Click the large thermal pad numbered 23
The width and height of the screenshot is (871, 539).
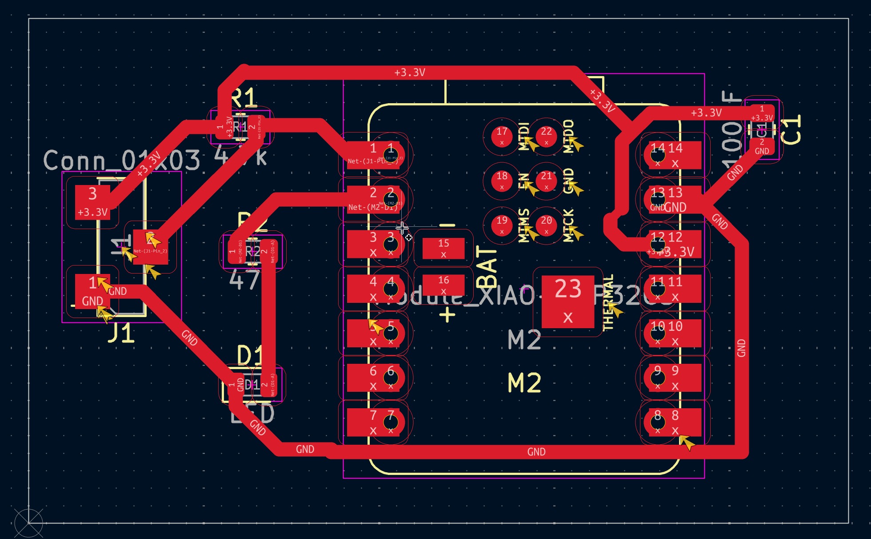tap(568, 302)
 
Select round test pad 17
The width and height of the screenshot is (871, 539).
tap(502, 136)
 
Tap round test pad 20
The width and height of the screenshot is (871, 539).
tap(546, 225)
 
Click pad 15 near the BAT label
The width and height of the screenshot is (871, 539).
tap(443, 248)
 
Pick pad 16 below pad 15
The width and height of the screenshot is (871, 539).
tap(443, 285)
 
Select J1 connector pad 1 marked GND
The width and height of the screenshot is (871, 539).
tap(92, 291)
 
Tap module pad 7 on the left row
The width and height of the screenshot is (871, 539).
tap(373, 422)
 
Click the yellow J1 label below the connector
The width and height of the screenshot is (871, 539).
tap(121, 333)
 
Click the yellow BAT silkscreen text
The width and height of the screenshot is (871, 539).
tap(487, 267)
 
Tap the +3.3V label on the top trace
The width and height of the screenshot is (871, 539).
tap(409, 72)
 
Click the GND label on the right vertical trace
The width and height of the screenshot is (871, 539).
tap(741, 348)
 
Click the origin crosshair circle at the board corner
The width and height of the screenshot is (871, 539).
tap(28, 523)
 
